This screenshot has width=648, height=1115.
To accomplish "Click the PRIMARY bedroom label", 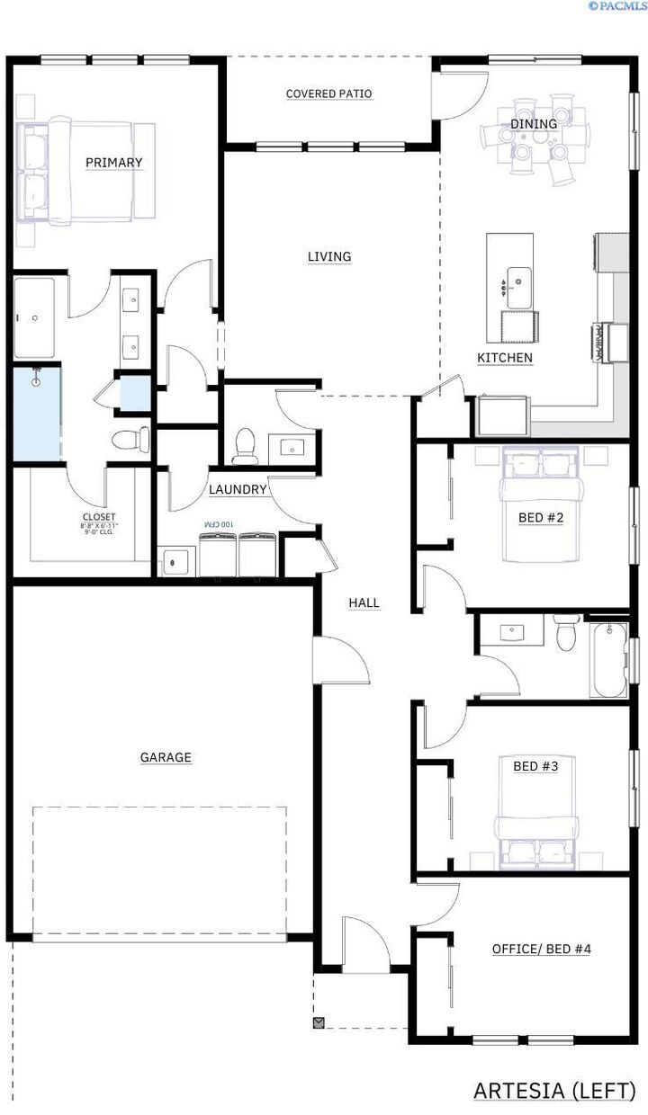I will [x=114, y=163].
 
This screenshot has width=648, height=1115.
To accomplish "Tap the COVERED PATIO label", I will [x=328, y=94].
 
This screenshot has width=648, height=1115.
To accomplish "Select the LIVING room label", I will [x=329, y=257].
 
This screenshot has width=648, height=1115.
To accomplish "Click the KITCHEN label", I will [x=505, y=358].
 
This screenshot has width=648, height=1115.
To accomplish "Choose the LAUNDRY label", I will [x=238, y=490].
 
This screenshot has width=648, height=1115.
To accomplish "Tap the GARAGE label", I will [x=166, y=758].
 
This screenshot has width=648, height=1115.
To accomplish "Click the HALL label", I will [x=364, y=603].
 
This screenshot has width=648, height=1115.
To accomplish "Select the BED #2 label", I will [x=541, y=518].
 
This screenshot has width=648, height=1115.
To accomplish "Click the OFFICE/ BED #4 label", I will [x=541, y=950].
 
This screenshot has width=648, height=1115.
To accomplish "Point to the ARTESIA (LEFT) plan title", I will [x=553, y=1091].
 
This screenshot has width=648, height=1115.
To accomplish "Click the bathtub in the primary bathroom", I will [x=34, y=318].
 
